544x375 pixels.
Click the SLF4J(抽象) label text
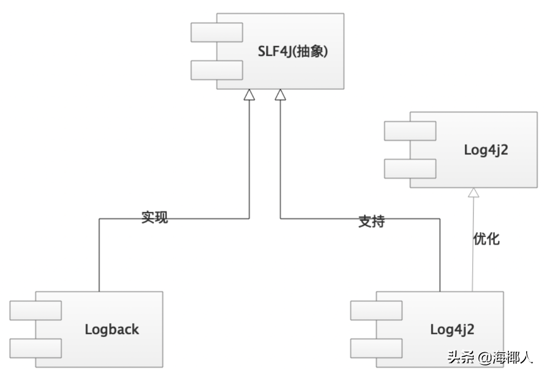click(x=293, y=51)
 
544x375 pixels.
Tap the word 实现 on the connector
click(x=155, y=217)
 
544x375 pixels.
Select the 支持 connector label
click(x=372, y=221)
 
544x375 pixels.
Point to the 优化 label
click(x=487, y=239)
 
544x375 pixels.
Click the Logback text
click(x=112, y=329)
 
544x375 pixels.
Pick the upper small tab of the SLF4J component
click(x=216, y=32)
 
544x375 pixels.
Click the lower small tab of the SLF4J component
click(x=216, y=70)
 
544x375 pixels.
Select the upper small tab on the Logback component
click(x=36, y=310)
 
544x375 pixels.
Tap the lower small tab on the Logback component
click(x=36, y=348)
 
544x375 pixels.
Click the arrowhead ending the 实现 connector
click(x=249, y=95)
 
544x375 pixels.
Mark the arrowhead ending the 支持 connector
click(x=280, y=95)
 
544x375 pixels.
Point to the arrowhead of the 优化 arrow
click(x=474, y=193)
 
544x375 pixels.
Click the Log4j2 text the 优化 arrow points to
click(x=486, y=150)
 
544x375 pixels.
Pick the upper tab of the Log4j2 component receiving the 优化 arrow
click(x=410, y=131)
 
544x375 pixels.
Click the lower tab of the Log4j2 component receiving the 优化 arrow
click(x=410, y=169)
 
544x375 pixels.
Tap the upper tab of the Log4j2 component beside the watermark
click(x=376, y=310)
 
